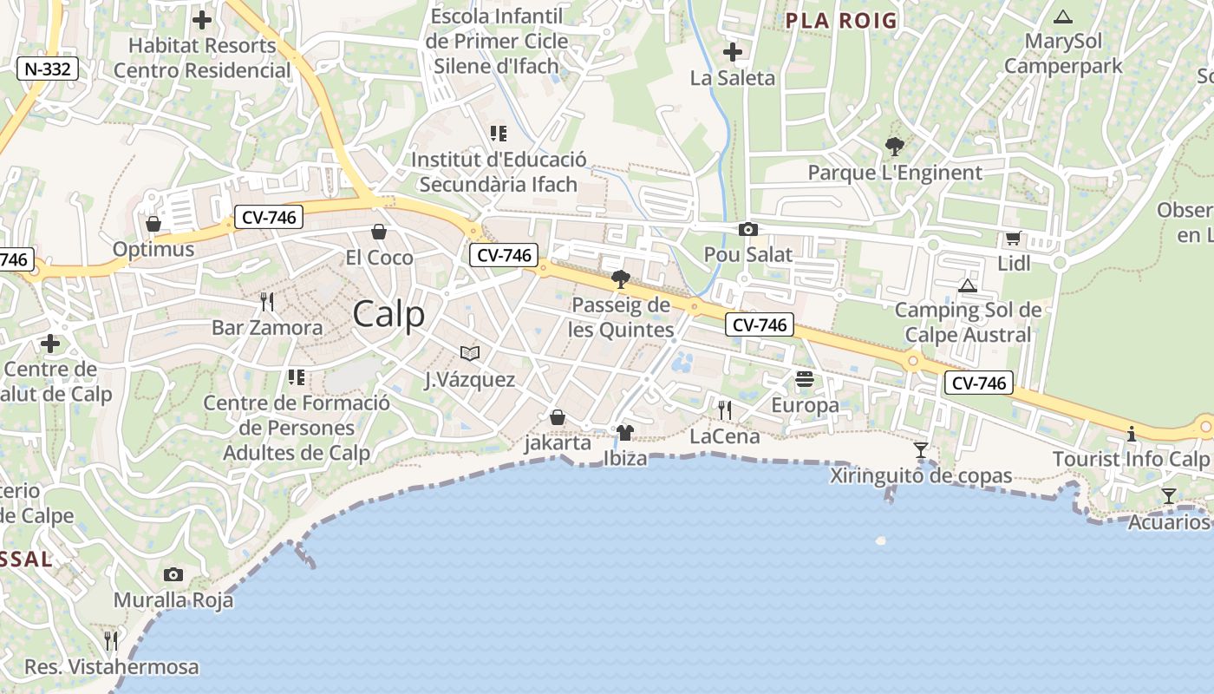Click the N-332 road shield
(x=48, y=69)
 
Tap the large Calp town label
(x=389, y=314)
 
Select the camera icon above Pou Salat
(x=747, y=230)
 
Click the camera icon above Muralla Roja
(x=173, y=574)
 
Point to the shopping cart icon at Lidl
(x=1013, y=239)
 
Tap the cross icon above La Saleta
(x=733, y=52)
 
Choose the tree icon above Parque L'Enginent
(x=894, y=147)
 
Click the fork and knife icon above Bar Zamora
(x=267, y=302)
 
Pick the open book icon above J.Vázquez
(x=470, y=354)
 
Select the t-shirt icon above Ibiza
(x=625, y=432)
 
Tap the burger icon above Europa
(x=805, y=379)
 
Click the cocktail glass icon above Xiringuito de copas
(x=921, y=450)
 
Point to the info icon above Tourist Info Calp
(x=1131, y=434)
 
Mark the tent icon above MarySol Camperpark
(x=1062, y=16)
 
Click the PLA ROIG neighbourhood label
(x=841, y=21)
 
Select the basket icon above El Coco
(x=379, y=232)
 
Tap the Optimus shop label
(x=153, y=250)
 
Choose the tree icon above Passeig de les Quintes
(x=620, y=278)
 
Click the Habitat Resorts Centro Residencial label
(x=202, y=57)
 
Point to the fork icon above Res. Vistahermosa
(x=111, y=641)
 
